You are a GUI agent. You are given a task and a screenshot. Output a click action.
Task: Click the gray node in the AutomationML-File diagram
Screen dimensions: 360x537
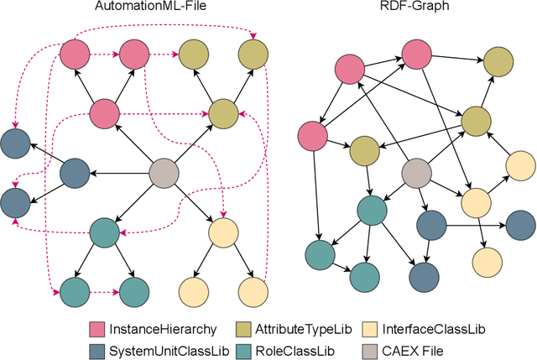pyautogui.click(x=164, y=174)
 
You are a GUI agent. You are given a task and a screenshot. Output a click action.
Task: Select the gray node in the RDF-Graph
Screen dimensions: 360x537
pyautogui.click(x=415, y=174)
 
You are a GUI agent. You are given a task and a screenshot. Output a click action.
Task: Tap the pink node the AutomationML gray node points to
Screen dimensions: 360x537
pyautogui.click(x=105, y=112)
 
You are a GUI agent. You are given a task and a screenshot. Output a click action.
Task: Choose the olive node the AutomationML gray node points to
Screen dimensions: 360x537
pyautogui.click(x=223, y=112)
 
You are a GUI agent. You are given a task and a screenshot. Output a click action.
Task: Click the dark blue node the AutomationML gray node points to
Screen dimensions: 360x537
pyautogui.click(x=76, y=174)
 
